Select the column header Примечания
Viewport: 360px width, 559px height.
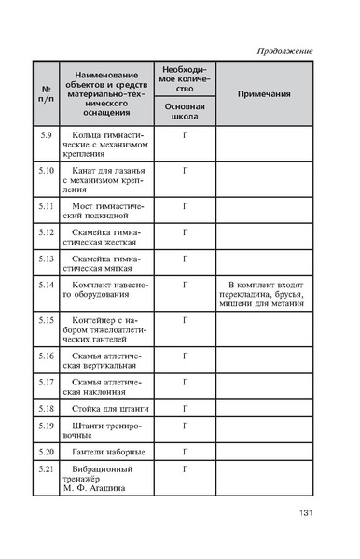coord(264,94)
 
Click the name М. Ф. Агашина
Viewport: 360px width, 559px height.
coord(96,488)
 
